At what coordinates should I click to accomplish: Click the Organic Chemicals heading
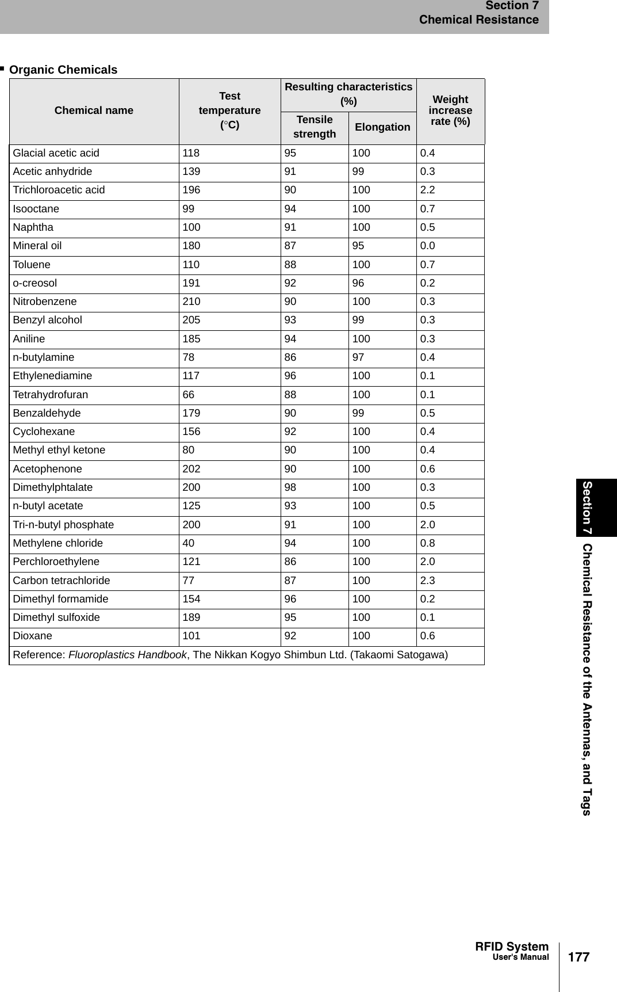[x=63, y=70]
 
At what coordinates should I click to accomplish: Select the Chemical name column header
[x=94, y=110]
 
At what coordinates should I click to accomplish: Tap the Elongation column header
[x=382, y=127]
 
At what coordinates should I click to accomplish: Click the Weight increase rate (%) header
[x=450, y=110]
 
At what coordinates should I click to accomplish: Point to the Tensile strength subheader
[x=315, y=127]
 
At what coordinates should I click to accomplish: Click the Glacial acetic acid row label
[x=56, y=153]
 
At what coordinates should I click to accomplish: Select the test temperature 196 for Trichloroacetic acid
[x=191, y=190]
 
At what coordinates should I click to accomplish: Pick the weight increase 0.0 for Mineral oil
[x=427, y=246]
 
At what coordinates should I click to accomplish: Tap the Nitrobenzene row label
[x=45, y=302]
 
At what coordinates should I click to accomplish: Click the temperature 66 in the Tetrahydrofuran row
[x=189, y=395]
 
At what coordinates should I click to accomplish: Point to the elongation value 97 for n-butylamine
[x=358, y=357]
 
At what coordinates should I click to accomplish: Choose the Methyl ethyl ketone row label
[x=59, y=450]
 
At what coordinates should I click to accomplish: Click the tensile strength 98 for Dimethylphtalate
[x=290, y=487]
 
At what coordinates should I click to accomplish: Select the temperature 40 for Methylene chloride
[x=189, y=543]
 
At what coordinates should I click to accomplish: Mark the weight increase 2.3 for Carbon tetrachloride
[x=427, y=581]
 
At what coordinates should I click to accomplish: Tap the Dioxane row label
[x=32, y=636]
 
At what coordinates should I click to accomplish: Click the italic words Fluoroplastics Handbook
[x=127, y=655]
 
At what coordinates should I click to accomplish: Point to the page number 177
[x=578, y=957]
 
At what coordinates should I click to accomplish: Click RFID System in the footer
[x=512, y=947]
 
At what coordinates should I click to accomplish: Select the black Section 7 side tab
[x=588, y=508]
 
